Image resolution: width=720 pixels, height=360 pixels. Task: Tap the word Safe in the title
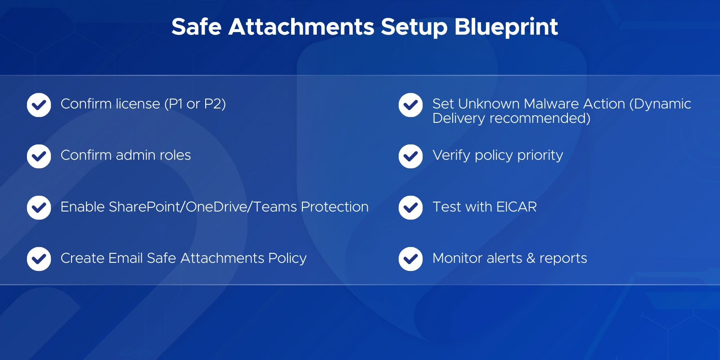pos(197,27)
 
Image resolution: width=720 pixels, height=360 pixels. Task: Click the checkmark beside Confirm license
pos(39,105)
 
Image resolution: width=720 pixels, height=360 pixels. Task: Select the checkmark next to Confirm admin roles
pos(39,156)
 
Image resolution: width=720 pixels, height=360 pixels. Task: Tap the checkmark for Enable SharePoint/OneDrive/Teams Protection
pos(39,207)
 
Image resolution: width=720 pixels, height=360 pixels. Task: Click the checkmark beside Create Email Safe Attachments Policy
pos(39,259)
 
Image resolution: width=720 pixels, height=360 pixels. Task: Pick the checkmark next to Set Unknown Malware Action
pos(410,105)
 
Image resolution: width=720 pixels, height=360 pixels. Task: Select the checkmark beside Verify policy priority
pos(410,156)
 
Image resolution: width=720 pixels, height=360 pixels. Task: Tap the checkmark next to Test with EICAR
pos(410,207)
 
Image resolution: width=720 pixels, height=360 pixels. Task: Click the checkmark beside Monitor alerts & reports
pos(410,259)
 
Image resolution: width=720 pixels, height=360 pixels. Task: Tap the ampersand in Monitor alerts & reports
pos(531,258)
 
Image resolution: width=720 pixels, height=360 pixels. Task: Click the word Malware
pos(551,104)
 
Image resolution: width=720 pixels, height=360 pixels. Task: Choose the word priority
pos(540,156)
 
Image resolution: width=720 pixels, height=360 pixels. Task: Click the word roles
pos(175,155)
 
